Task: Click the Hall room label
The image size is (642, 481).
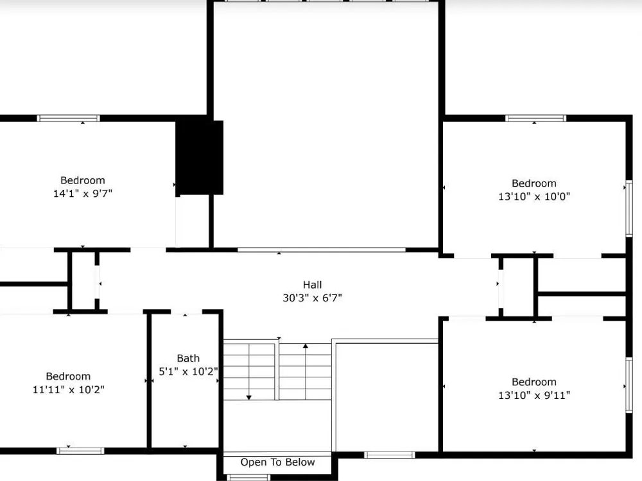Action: click(x=313, y=285)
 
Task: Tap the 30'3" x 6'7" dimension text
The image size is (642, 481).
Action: click(x=313, y=298)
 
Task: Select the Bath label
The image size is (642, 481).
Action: click(x=188, y=359)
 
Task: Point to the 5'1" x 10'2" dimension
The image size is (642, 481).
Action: click(x=188, y=371)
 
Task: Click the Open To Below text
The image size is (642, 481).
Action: click(x=277, y=462)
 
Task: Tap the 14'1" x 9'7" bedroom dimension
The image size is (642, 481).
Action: click(x=83, y=194)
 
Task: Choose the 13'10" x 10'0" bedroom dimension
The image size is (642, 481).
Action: click(x=534, y=196)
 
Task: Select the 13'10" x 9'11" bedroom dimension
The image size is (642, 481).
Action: click(x=534, y=395)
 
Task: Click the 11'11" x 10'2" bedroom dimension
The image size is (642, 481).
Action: click(x=69, y=389)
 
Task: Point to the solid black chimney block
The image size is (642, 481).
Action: click(x=200, y=158)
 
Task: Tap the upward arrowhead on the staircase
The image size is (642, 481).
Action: click(x=306, y=346)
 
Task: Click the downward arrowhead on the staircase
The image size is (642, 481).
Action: click(x=248, y=397)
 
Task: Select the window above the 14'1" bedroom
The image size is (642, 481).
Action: click(x=69, y=118)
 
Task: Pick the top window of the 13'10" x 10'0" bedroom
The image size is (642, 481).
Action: click(x=536, y=118)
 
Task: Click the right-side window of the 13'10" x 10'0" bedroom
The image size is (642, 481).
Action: click(x=629, y=208)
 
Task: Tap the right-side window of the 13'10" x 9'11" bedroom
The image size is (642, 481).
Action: click(x=629, y=385)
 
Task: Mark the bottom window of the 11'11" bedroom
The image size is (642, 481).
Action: click(x=80, y=451)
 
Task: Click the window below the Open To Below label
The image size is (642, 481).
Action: click(x=248, y=477)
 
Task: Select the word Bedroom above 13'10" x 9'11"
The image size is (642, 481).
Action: click(x=534, y=382)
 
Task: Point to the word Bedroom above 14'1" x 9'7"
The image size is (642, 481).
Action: click(x=83, y=180)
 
